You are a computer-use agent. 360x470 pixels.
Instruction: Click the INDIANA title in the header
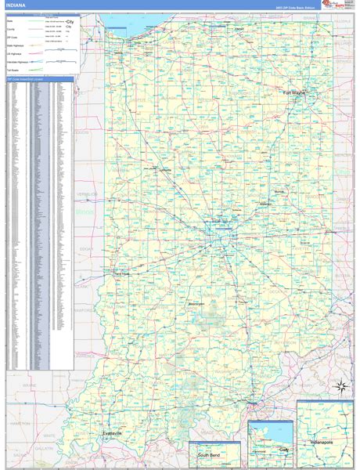click(x=15, y=6)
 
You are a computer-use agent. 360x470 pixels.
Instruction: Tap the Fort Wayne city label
click(x=294, y=92)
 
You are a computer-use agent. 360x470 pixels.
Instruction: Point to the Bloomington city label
click(x=196, y=303)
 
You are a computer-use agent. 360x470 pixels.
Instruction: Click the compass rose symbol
click(x=341, y=385)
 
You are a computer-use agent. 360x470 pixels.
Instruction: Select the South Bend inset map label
click(x=209, y=455)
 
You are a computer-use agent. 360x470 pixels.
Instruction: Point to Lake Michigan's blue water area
click(x=157, y=27)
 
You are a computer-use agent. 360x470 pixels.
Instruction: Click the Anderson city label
click(x=265, y=204)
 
